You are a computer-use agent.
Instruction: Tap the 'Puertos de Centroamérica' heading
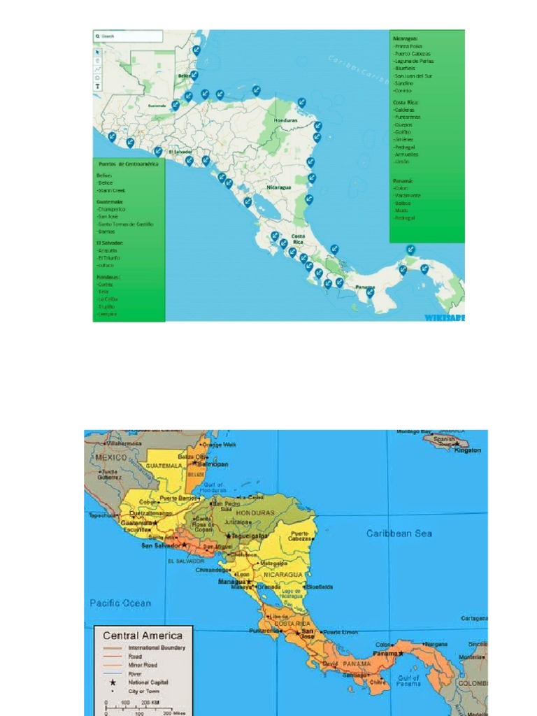coord(128,164)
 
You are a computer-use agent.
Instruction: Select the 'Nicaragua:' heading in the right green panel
coord(406,39)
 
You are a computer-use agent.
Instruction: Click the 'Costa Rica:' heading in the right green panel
coord(406,102)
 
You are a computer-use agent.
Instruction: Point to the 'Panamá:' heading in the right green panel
coord(403,180)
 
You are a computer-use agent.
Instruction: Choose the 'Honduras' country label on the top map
coord(285,120)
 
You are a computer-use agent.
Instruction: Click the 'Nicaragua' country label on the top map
coord(278,187)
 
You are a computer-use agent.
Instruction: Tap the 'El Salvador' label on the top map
coord(180,151)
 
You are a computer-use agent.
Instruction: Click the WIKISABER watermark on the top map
coord(444,317)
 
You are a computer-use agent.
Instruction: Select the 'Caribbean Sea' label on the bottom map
coord(399,534)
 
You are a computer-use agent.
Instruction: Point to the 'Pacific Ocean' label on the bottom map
coord(120,603)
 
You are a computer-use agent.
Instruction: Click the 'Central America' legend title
coord(143,636)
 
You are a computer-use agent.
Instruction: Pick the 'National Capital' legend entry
coord(148,682)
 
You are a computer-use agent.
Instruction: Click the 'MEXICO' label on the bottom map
coord(112,457)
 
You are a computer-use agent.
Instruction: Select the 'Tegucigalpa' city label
coord(251,536)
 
